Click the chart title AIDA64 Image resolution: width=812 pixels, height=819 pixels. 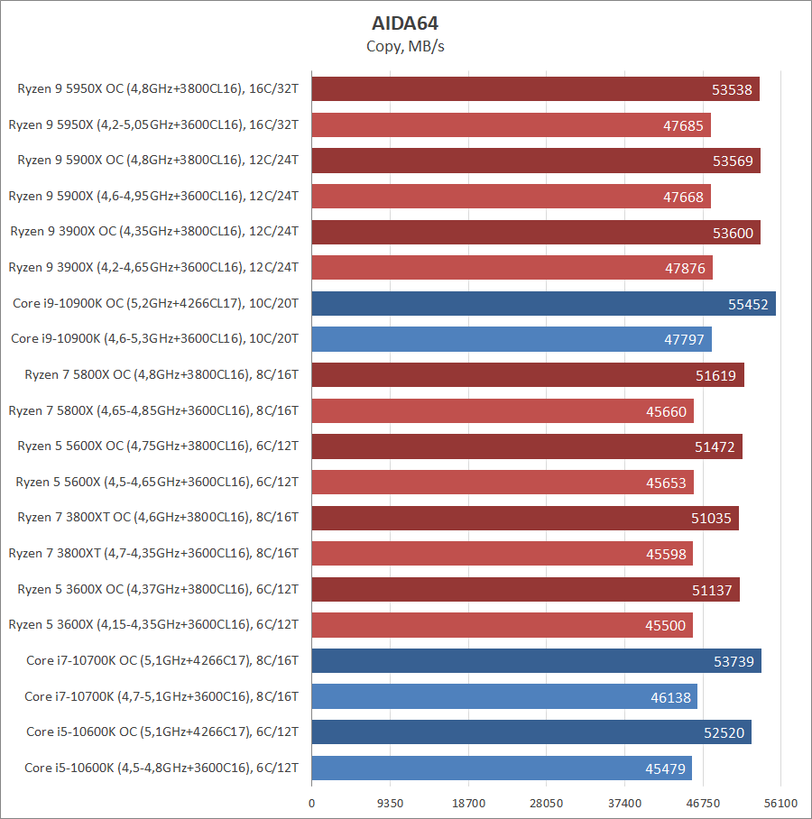pos(405,23)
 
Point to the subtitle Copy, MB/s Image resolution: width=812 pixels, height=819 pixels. pos(405,46)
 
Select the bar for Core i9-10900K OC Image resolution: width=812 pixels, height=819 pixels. pos(543,304)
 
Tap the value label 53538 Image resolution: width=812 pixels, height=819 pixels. pos(733,89)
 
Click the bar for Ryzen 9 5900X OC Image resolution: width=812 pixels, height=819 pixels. pos(536,161)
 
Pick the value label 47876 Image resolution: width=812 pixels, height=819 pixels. pos(685,268)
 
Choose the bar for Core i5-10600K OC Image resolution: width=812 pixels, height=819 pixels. pos(531,732)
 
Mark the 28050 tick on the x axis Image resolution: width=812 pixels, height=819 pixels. pos(547,803)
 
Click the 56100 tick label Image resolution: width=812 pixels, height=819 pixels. pos(781,803)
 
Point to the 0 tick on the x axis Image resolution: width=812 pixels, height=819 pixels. pos(312,803)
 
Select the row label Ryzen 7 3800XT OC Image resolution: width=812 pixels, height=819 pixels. pos(158,517)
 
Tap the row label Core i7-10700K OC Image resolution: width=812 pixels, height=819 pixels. pos(162,660)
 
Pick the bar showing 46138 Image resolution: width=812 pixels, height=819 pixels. pos(504,696)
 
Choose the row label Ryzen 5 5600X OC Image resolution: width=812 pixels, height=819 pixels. pos(158,446)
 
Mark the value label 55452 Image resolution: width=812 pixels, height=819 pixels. pos(748,304)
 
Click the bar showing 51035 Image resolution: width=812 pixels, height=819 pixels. pos(525,518)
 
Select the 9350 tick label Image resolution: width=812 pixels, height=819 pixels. pos(390,803)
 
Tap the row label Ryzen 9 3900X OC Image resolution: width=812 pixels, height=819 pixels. pos(154,232)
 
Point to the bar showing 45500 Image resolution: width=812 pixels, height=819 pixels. pos(502,625)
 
